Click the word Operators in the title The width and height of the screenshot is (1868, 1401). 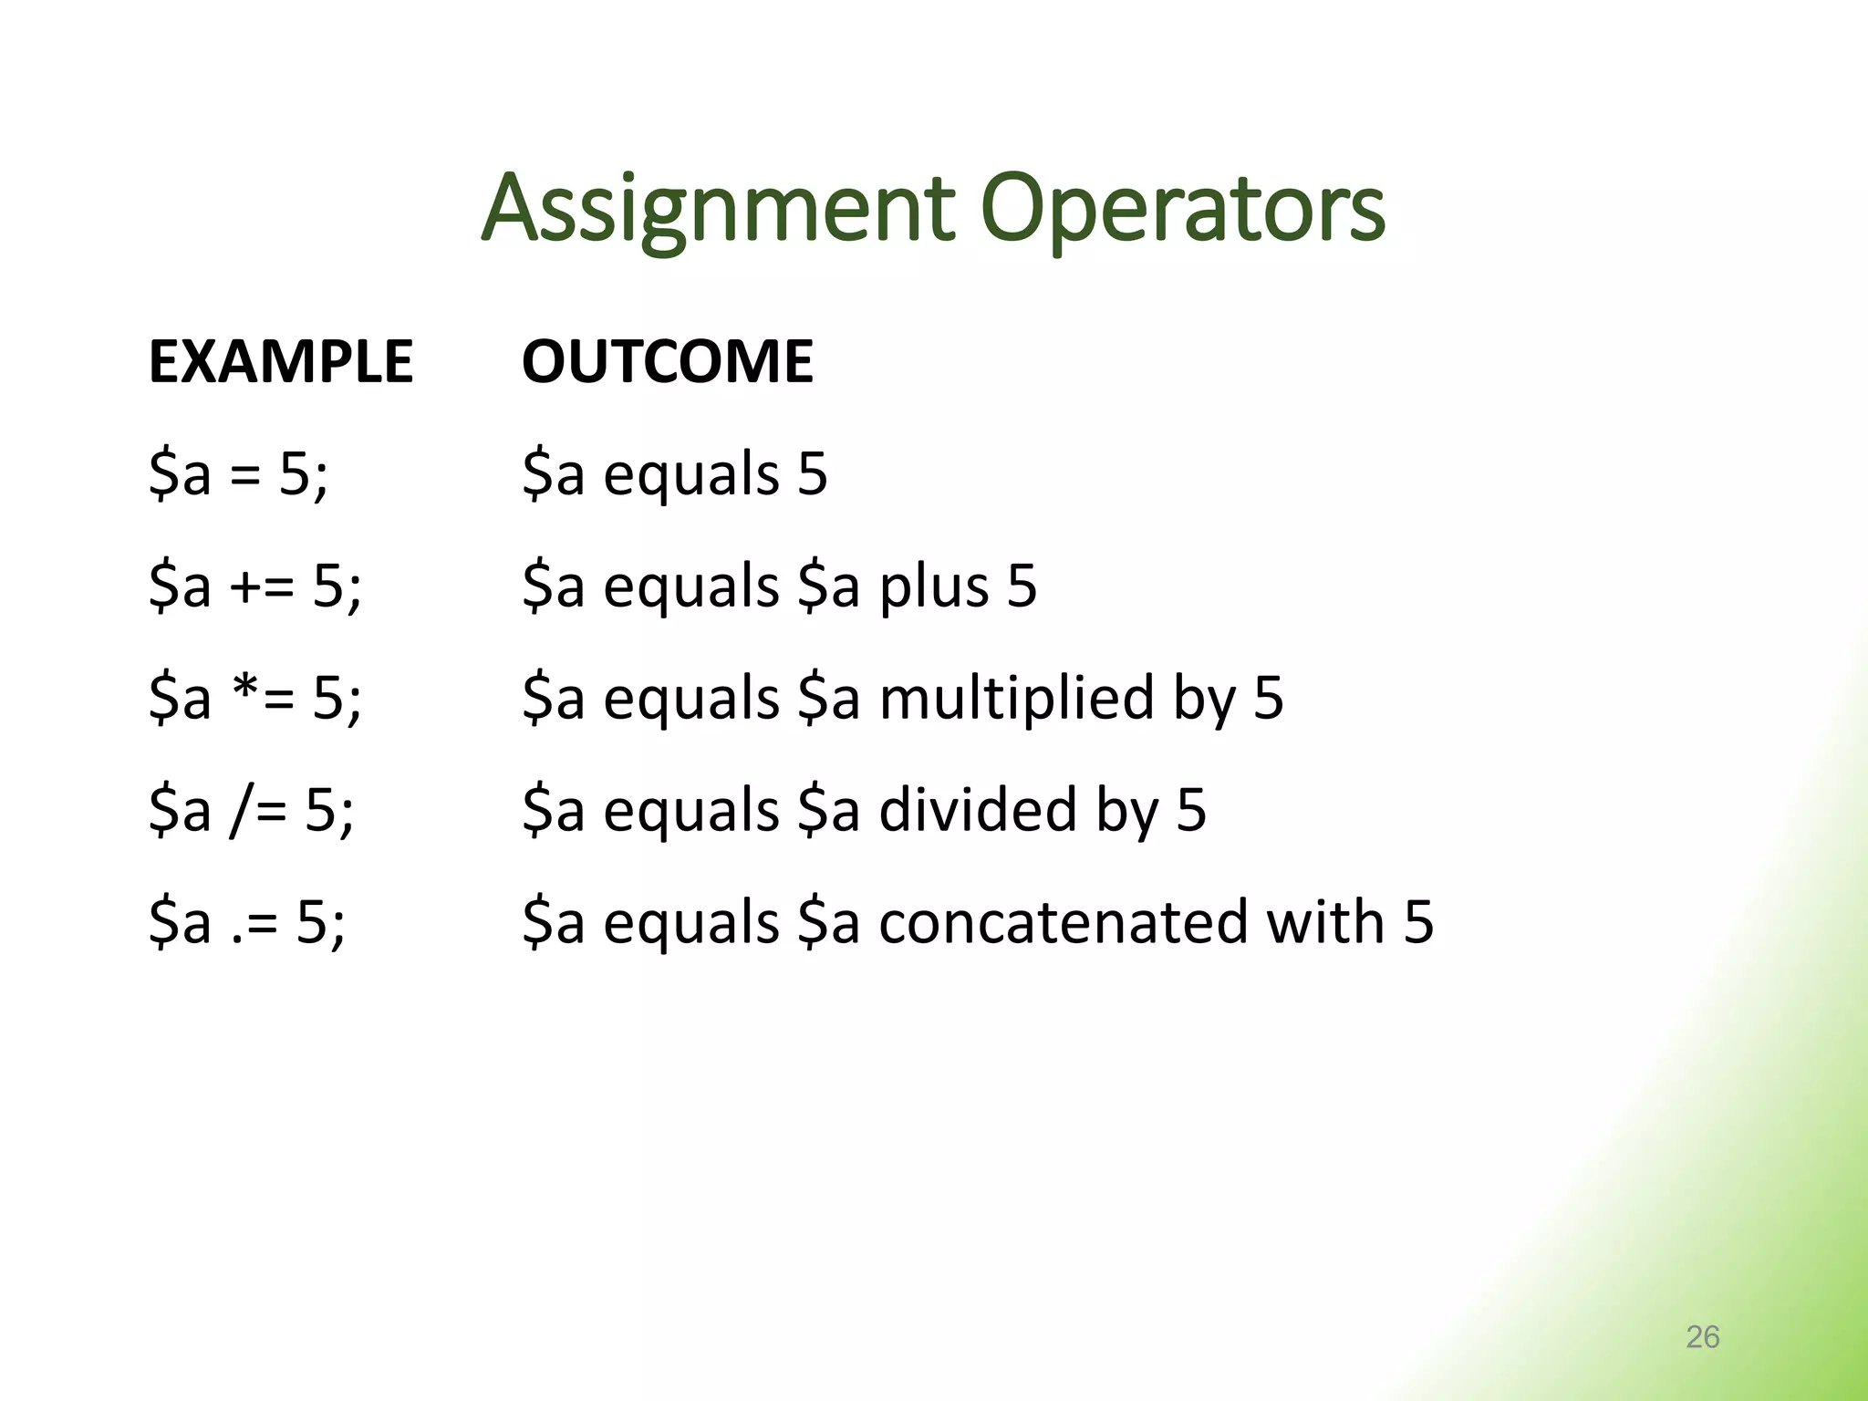click(x=1183, y=210)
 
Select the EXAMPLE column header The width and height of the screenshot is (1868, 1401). click(x=281, y=361)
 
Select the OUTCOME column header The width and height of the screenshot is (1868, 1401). click(x=667, y=361)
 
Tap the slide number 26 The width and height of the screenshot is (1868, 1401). click(x=1702, y=1336)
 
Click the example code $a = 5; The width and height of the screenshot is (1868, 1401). click(x=238, y=474)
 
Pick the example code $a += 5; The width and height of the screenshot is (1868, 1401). click(x=255, y=586)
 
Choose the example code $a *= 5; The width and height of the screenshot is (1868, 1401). click(x=255, y=698)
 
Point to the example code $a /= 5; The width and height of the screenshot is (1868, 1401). click(x=252, y=810)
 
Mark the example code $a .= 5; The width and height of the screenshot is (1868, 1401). click(x=247, y=922)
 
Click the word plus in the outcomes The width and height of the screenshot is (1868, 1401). click(x=933, y=587)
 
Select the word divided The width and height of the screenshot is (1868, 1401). click(x=978, y=810)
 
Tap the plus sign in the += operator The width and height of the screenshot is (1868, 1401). click(x=246, y=586)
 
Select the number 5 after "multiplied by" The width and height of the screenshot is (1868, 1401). click(x=1269, y=699)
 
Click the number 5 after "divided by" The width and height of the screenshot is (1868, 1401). click(x=1191, y=810)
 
